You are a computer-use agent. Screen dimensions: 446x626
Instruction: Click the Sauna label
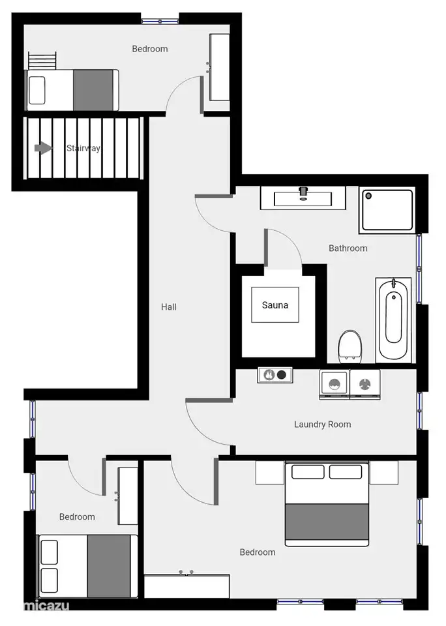275,305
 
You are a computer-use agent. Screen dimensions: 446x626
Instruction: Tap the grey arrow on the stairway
43,148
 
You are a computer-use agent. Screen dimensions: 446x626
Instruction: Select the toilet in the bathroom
349,346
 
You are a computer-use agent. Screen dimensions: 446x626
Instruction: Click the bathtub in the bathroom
393,320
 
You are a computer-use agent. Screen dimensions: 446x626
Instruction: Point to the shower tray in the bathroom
387,210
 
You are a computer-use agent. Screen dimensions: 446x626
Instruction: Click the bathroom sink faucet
303,192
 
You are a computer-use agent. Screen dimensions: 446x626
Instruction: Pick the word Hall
168,307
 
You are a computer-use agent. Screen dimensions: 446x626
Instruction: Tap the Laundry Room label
322,424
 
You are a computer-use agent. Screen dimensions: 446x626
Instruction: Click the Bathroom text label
348,248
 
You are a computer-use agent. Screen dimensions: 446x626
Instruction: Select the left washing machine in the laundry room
334,385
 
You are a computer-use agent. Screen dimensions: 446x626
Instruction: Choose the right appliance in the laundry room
364,385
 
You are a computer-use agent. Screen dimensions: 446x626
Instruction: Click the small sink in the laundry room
275,375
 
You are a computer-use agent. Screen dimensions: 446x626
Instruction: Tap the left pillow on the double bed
308,471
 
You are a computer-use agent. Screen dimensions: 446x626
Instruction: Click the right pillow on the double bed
346,471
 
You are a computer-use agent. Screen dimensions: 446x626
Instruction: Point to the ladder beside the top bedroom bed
42,60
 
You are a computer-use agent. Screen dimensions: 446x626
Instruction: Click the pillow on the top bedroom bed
37,90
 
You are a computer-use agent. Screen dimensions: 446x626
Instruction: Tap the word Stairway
83,148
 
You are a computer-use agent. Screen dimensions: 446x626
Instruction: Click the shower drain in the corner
368,196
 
